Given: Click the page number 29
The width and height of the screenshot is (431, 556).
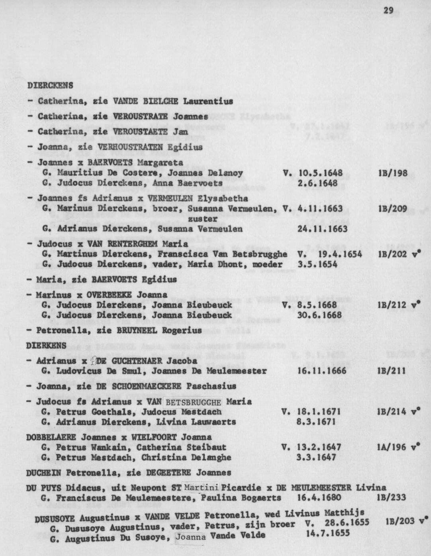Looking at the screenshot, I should pos(388,11).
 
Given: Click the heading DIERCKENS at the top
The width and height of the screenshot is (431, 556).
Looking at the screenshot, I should pos(50,85).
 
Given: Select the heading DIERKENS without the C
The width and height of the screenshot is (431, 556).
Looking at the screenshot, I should pos(46,346).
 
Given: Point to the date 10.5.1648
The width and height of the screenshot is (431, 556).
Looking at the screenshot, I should pos(320,173).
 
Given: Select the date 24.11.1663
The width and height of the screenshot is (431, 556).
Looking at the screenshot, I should pos(322,229).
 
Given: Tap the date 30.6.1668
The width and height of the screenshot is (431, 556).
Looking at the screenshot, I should pos(319,315).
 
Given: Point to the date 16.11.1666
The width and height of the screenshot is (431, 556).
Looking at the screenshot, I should pos(322,371).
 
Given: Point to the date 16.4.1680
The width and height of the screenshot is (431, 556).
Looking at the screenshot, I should pos(319,497).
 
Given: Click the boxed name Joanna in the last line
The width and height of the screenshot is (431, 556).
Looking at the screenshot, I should pos(191,537).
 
